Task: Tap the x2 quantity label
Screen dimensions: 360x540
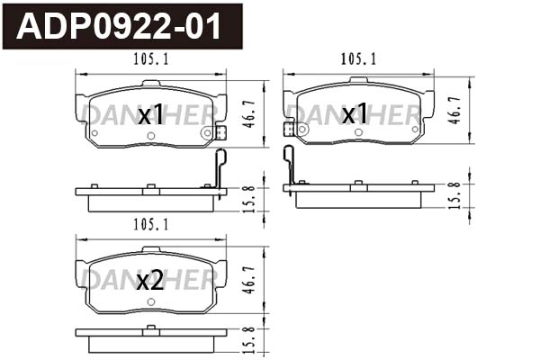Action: pyautogui.click(x=149, y=281)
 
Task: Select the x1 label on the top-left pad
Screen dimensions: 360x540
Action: pyautogui.click(x=149, y=114)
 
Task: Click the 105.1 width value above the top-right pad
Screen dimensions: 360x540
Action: pyautogui.click(x=358, y=58)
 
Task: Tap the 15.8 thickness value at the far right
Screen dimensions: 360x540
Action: pyautogui.click(x=456, y=194)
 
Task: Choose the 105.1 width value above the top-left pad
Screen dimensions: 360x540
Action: pyautogui.click(x=151, y=58)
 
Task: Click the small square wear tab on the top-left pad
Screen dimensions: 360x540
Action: pyautogui.click(x=220, y=131)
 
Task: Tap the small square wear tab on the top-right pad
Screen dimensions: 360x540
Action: pyautogui.click(x=289, y=129)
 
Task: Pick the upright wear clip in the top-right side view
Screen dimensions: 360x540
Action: pyautogui.click(x=289, y=166)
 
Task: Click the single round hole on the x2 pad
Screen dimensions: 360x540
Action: pyautogui.click(x=150, y=301)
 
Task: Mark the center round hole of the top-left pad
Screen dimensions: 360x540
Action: pyautogui.click(x=150, y=136)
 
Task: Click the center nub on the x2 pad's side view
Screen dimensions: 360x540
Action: pyautogui.click(x=150, y=329)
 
